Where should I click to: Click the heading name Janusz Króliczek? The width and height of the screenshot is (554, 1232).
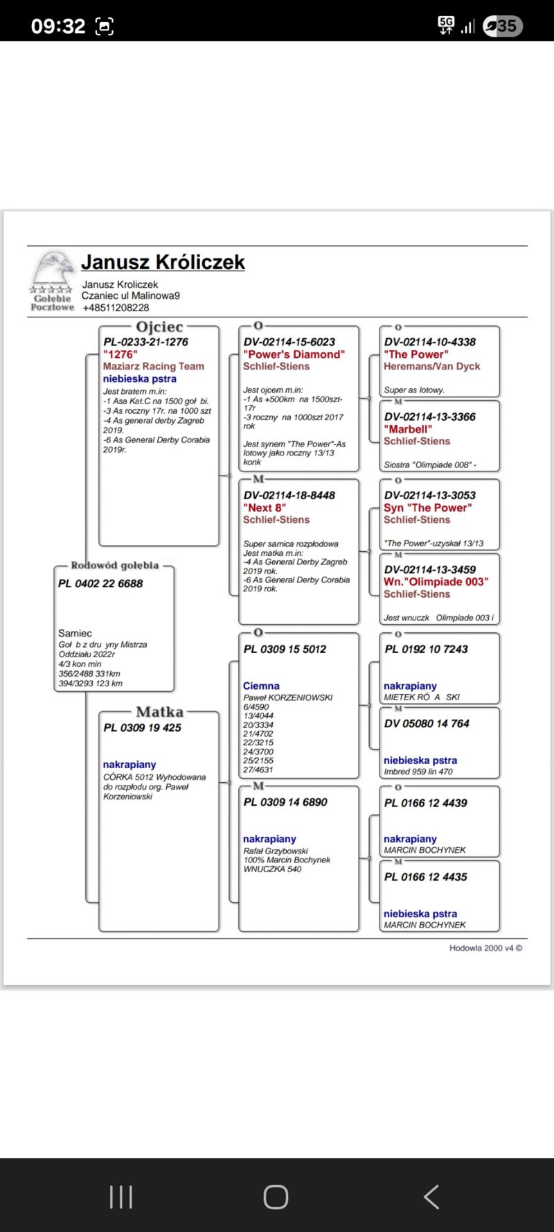tap(163, 262)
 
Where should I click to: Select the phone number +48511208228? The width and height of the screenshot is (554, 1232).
tap(116, 308)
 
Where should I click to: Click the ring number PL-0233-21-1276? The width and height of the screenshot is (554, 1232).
tap(145, 342)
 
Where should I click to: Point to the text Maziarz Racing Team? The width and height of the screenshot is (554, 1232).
tap(154, 366)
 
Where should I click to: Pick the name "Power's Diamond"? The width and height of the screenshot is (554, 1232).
tap(294, 354)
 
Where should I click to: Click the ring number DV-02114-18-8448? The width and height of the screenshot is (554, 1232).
tap(289, 495)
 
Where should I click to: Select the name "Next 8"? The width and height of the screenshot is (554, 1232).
tap(264, 507)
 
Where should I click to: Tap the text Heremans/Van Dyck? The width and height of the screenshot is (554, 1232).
tap(431, 366)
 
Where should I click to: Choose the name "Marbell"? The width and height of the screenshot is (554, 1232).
tap(408, 429)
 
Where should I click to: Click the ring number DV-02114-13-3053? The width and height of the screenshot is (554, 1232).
tap(429, 495)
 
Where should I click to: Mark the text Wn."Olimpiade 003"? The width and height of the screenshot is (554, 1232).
tap(436, 582)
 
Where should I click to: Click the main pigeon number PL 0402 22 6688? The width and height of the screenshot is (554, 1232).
tap(100, 584)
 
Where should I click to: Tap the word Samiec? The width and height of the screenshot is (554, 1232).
tap(75, 633)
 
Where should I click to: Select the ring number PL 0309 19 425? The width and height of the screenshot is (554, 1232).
tap(142, 727)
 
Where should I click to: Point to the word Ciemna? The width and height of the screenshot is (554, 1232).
tap(261, 686)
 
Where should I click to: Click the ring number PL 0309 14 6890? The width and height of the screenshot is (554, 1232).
tap(285, 802)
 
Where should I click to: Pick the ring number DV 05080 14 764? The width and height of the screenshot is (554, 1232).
tap(427, 723)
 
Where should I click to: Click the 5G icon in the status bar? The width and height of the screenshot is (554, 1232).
tap(446, 26)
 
